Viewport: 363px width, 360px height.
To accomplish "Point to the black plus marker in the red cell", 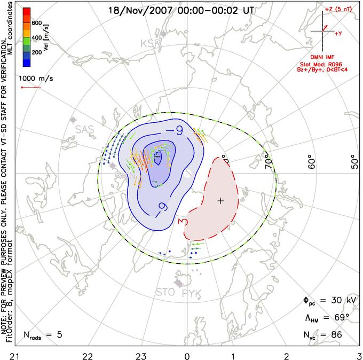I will click(x=220, y=201).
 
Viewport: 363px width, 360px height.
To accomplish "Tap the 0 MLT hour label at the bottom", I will click(x=187, y=355).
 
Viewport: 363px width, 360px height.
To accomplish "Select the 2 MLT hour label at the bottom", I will click(x=287, y=355).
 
